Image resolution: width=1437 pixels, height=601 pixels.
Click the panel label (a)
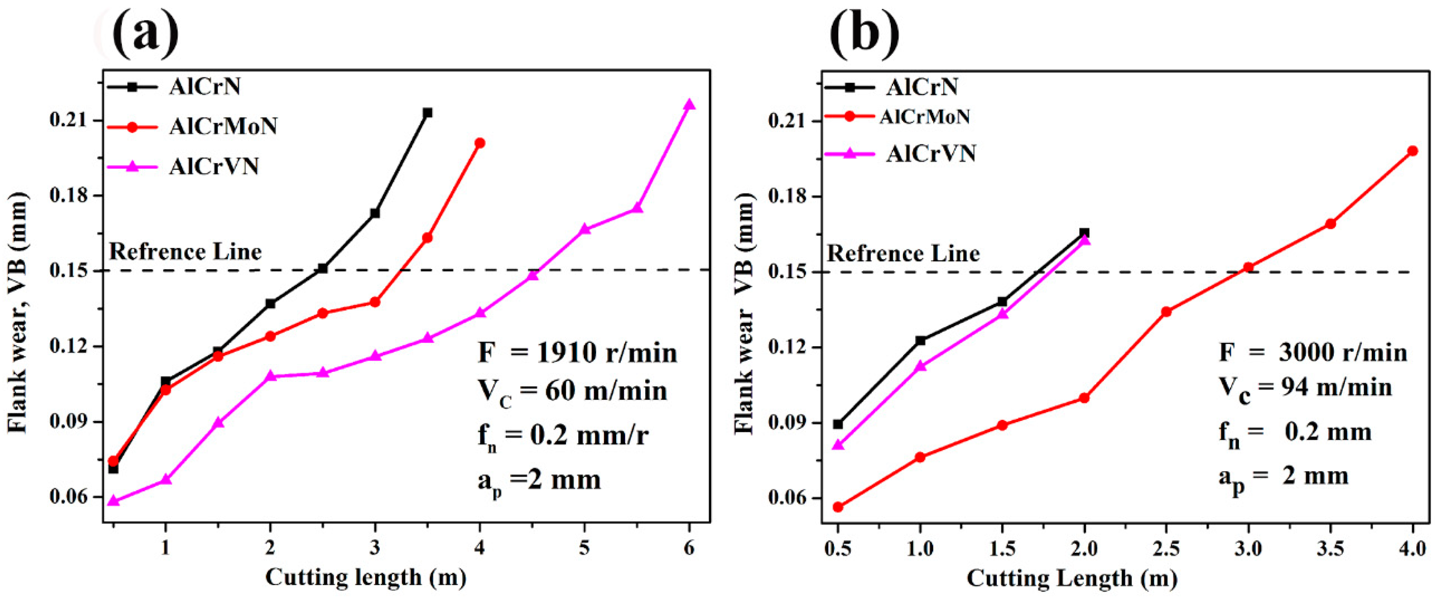coord(146,32)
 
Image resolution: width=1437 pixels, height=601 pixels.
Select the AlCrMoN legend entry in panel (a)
coord(223,127)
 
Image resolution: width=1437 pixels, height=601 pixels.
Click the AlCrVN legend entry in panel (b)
coord(930,153)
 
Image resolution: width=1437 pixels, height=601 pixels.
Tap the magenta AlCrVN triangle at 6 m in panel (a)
coord(689,105)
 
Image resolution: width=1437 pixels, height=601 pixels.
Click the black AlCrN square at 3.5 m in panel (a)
coord(427,113)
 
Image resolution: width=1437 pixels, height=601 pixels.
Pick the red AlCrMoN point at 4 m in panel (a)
coord(480,143)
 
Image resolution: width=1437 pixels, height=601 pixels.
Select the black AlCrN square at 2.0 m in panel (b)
coord(1084,233)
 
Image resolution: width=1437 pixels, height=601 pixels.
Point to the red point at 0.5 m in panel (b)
coord(838,506)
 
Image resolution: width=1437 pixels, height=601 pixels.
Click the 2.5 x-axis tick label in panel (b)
coord(1166,549)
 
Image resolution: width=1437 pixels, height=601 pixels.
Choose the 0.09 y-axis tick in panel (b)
coord(789,423)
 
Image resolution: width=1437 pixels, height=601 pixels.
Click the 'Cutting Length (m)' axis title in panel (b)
coord(1072,578)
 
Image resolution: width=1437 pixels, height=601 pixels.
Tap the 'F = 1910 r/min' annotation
coord(577,353)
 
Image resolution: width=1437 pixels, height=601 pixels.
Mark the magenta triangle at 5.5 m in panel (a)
coord(637,208)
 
